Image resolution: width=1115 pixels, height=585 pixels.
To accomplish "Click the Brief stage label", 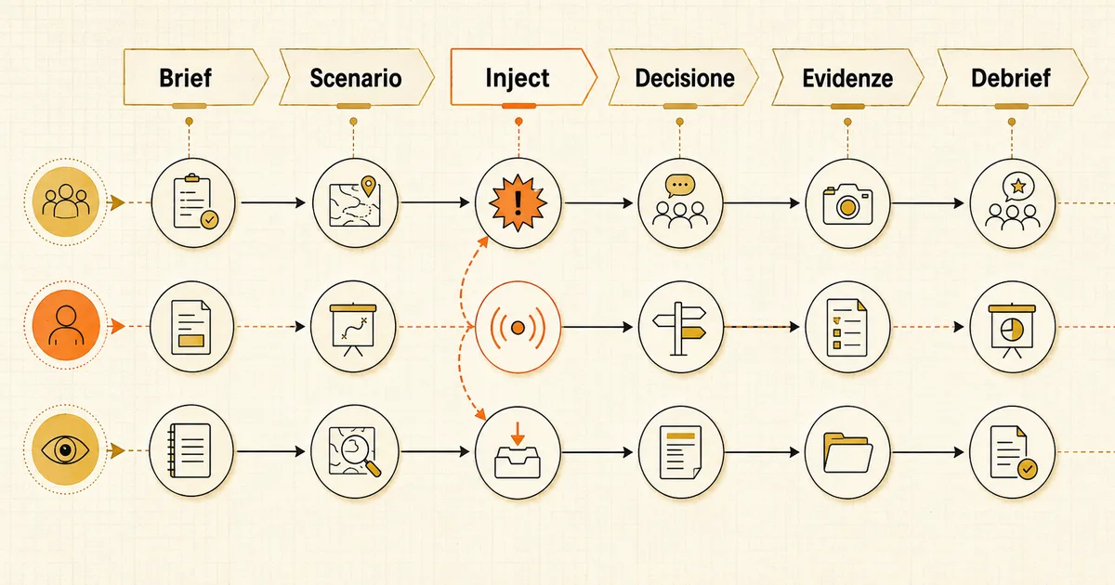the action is coord(185,78).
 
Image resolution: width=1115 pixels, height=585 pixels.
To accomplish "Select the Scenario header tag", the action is coord(356,77).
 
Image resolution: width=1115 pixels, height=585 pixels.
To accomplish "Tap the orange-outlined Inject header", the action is coord(523,77).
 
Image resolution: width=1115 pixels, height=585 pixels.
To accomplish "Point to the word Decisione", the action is coord(685,78).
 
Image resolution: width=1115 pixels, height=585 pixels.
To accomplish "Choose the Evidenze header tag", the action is coord(847,77).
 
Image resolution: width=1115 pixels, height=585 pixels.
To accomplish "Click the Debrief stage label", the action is coord(1011,78).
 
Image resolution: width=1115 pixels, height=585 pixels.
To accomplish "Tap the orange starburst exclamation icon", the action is coord(518,203).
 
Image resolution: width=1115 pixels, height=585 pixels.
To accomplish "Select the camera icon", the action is coord(847,204).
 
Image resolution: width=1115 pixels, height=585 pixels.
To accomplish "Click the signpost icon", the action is coord(679,329).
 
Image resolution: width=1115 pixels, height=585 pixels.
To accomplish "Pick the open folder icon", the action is coord(847,453).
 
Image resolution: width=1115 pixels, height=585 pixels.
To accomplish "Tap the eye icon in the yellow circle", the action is coord(66,449).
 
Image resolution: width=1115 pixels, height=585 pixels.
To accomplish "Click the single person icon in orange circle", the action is coord(66,326).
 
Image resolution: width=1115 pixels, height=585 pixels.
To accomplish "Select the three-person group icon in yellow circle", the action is coord(66,201).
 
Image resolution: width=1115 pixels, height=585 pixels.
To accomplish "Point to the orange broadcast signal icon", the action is coord(518,328).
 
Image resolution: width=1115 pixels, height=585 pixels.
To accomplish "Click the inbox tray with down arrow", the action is coord(518,450).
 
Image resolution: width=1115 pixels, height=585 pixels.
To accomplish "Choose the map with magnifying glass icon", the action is coord(354,451).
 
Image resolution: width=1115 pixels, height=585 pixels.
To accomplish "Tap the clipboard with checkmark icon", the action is coord(195,201).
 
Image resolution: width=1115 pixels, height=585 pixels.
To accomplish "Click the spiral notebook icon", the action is coord(190,450).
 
